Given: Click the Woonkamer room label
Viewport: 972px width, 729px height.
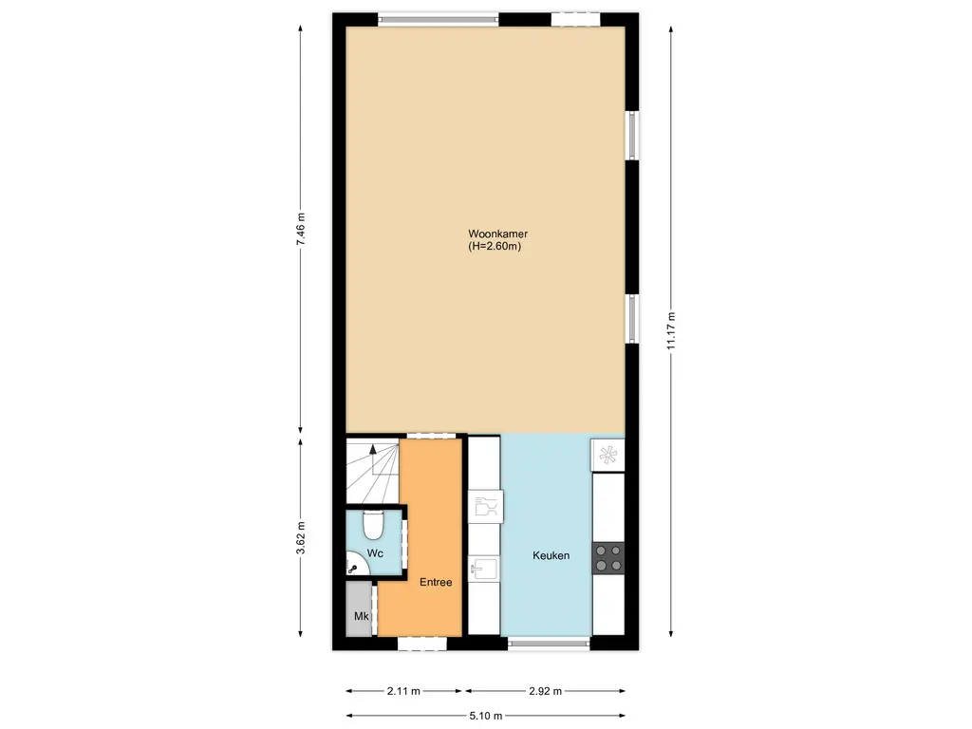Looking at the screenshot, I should pyautogui.click(x=497, y=234).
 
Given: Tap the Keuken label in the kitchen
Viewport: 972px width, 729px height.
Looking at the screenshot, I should pyautogui.click(x=551, y=555).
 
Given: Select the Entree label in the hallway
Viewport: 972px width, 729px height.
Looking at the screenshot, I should pyautogui.click(x=436, y=582).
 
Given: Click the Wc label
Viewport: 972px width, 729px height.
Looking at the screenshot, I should pyautogui.click(x=375, y=552).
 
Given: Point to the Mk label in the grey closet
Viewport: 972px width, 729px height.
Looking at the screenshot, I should pyautogui.click(x=361, y=617).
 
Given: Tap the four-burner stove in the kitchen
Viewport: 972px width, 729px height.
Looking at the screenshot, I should pyautogui.click(x=608, y=557).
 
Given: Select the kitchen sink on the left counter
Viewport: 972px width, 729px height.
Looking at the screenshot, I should pyautogui.click(x=482, y=569).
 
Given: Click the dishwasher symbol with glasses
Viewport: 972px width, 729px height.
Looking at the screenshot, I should pyautogui.click(x=484, y=507).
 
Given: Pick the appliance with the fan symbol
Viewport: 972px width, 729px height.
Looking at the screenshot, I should pyautogui.click(x=607, y=455).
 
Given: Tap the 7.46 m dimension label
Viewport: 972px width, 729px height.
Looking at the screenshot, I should pyautogui.click(x=301, y=230).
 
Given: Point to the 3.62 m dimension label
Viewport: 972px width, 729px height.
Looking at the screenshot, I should pyautogui.click(x=301, y=538).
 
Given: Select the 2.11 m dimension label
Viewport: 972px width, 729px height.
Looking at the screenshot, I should pyautogui.click(x=403, y=691).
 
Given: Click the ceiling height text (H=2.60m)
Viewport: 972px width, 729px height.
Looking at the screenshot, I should pyautogui.click(x=496, y=247).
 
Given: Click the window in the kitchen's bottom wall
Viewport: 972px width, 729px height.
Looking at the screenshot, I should pyautogui.click(x=549, y=643).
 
